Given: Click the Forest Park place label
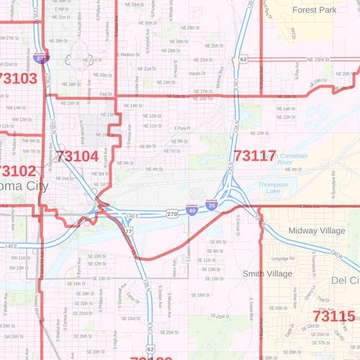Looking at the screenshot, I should tap(315, 10).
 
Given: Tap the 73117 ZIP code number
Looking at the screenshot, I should tap(255, 154).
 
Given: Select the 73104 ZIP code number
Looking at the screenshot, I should tap(76, 156).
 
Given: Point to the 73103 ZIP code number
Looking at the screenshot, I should tap(18, 78).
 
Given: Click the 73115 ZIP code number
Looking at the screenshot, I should tap(334, 315).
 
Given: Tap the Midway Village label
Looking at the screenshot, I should tap(317, 230).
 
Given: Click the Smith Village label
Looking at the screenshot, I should tap(267, 274).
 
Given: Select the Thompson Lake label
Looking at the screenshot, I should tap(273, 189).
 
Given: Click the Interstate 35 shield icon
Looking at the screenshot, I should tap(210, 205).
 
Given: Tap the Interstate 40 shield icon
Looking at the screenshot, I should tap(192, 210).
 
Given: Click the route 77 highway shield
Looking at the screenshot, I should tap(127, 232).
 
